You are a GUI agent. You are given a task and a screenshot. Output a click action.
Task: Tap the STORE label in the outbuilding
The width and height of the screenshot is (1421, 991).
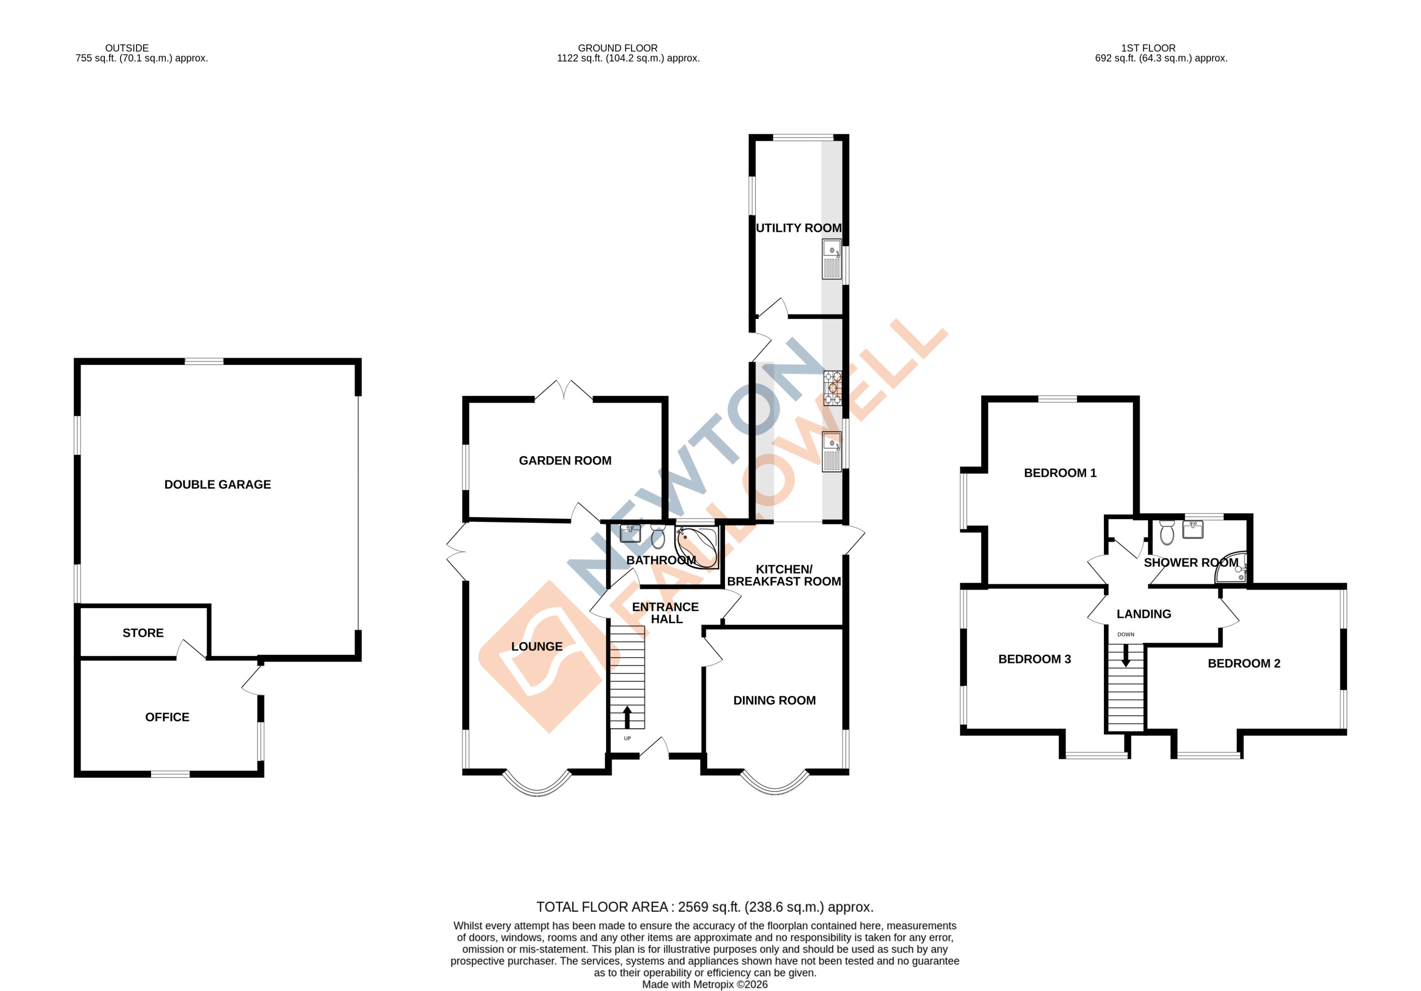click(143, 633)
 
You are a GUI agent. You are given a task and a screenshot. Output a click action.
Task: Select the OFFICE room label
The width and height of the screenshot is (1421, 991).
click(167, 717)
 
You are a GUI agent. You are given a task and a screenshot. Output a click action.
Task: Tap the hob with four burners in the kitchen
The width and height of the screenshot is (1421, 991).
click(832, 387)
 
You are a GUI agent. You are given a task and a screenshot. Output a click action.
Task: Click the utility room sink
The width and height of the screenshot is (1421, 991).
click(831, 259)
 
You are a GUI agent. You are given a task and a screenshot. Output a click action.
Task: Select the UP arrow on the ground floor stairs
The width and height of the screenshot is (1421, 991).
click(627, 717)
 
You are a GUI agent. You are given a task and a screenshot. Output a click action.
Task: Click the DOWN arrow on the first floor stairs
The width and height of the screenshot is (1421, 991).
click(1126, 656)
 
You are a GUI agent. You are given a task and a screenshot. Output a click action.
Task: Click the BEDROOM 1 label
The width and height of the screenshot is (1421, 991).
click(1060, 473)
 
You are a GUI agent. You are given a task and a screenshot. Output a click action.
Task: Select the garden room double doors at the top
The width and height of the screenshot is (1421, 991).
click(563, 391)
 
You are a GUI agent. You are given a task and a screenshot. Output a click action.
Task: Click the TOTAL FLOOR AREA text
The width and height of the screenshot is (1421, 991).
click(704, 907)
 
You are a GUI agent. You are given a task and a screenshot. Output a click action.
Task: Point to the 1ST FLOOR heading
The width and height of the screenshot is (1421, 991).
click(1148, 48)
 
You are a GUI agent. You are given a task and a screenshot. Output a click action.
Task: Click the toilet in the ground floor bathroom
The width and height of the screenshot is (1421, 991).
click(658, 536)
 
